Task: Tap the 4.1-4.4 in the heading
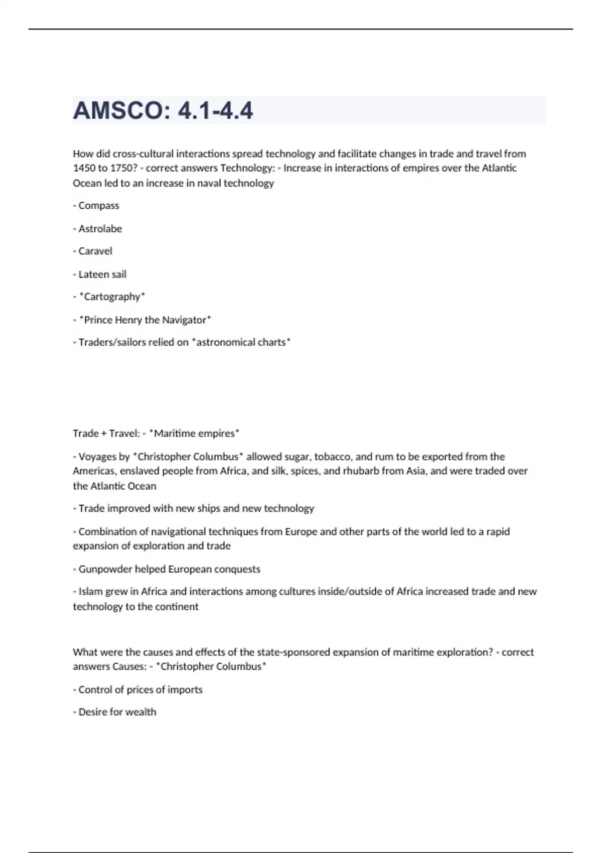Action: click(215, 110)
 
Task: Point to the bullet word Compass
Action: click(99, 206)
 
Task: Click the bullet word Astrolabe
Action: click(100, 229)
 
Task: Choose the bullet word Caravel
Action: click(95, 251)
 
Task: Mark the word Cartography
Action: click(112, 297)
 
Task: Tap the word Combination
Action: click(107, 532)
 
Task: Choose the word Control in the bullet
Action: click(95, 690)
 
